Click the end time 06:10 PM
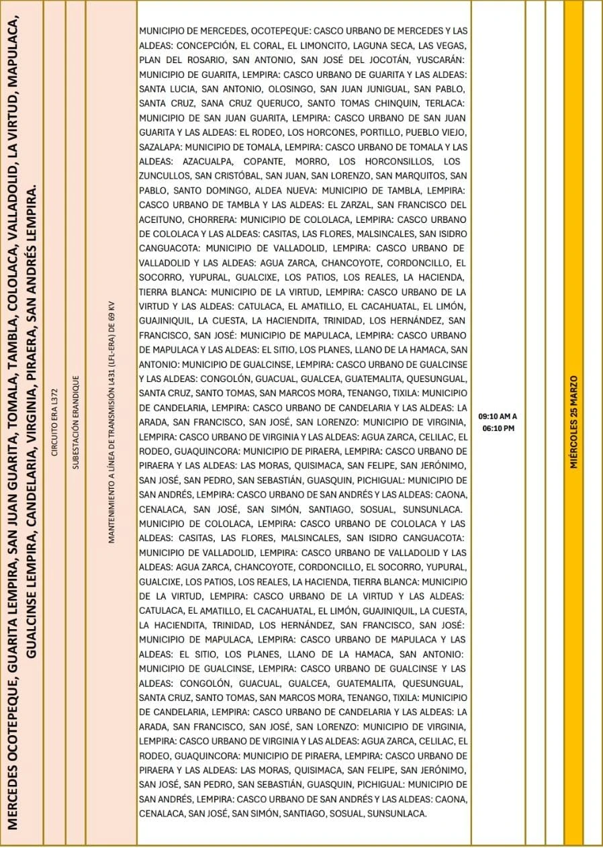click(498, 428)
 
